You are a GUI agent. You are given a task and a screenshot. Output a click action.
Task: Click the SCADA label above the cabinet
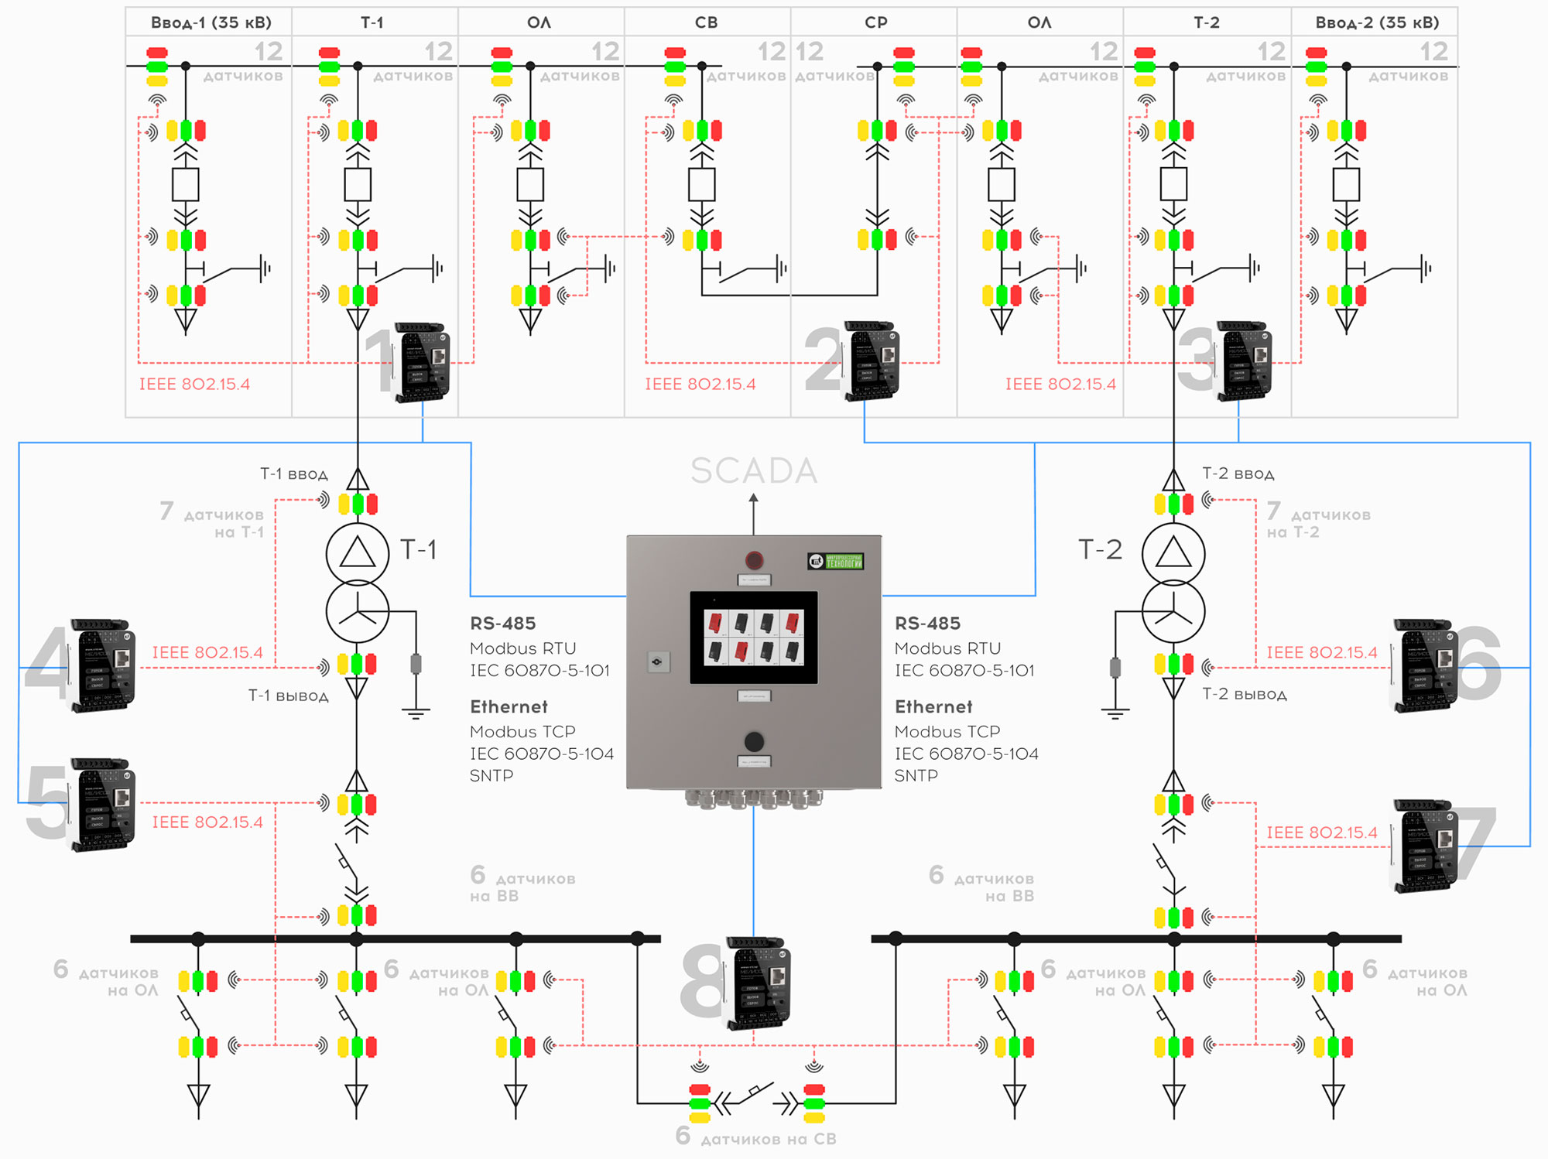point(753,470)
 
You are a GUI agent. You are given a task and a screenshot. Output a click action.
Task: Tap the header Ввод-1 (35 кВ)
point(211,22)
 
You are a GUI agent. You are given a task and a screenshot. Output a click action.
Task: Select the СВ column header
point(706,22)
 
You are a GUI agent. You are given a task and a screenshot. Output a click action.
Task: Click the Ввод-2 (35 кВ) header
point(1377,22)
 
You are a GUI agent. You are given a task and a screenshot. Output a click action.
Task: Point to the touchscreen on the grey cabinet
point(753,638)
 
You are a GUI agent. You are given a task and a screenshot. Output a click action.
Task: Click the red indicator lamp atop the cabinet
point(754,559)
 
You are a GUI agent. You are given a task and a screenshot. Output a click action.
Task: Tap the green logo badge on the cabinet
point(835,561)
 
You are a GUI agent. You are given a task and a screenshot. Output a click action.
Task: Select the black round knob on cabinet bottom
point(754,741)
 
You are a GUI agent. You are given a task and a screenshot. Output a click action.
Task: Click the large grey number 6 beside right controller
point(1478,663)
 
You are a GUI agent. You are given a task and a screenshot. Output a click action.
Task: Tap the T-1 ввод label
point(293,474)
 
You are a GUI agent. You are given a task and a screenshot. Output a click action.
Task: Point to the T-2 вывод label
point(1244,694)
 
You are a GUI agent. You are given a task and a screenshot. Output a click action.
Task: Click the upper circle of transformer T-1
point(357,553)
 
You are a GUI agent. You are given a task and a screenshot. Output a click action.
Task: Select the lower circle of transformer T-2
point(1173,611)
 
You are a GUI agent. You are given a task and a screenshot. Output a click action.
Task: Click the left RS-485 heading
point(502,623)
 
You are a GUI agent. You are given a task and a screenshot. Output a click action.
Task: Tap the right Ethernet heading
point(933,706)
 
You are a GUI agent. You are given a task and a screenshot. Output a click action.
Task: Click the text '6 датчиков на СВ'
point(755,1137)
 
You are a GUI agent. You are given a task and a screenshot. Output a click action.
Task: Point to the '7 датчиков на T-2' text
point(1317,521)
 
